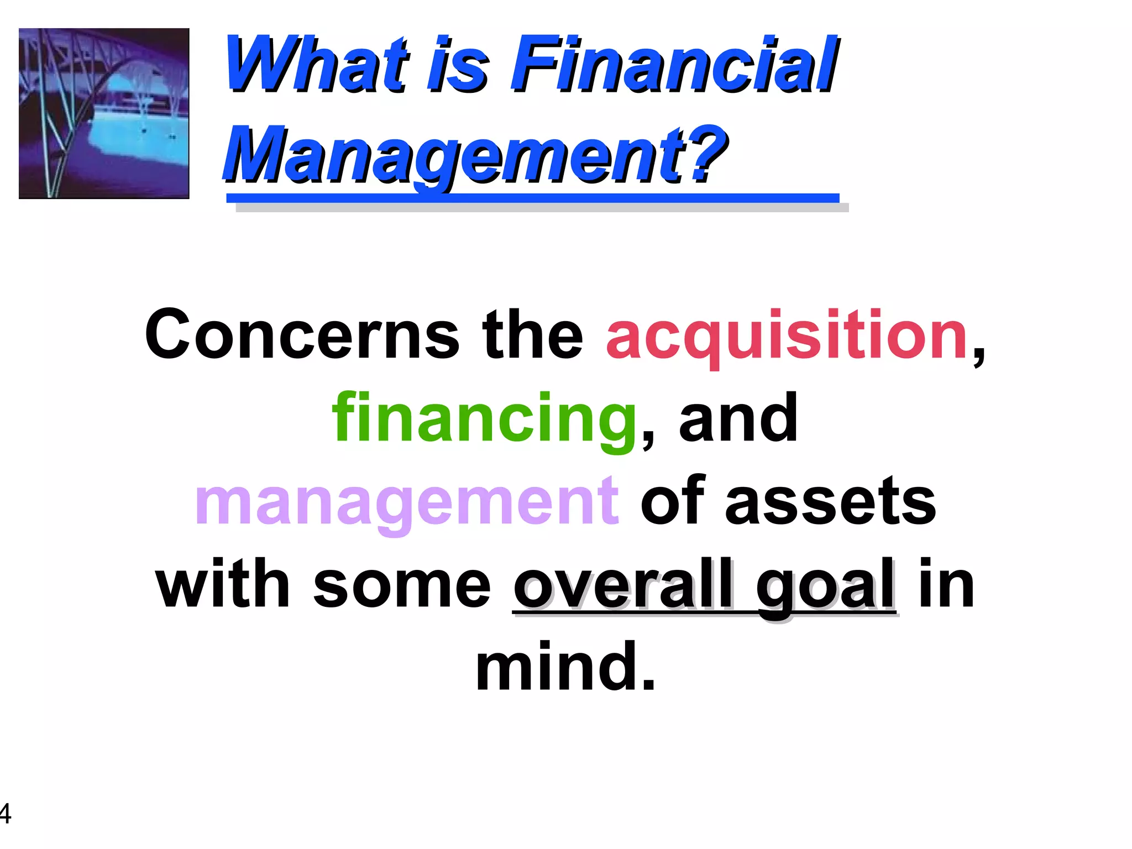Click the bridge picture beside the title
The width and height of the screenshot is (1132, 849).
pos(104,113)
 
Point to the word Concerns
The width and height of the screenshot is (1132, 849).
pos(302,335)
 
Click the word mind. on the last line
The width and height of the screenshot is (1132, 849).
pos(566,667)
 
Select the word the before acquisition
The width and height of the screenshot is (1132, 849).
pos(533,335)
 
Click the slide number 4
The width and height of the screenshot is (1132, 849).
pos(4,813)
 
